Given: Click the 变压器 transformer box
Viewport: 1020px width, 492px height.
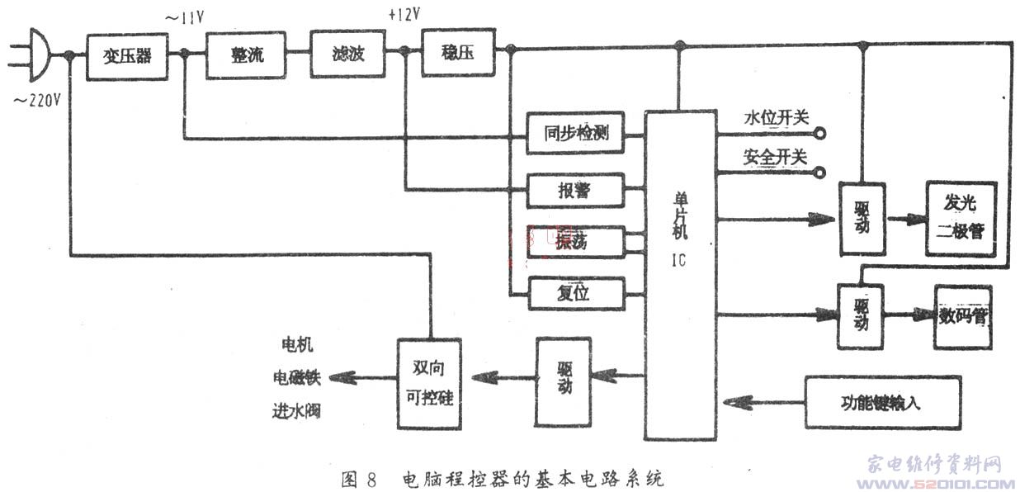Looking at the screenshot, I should pyautogui.click(x=126, y=56).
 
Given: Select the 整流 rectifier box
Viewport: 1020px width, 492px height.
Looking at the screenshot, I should pyautogui.click(x=246, y=56).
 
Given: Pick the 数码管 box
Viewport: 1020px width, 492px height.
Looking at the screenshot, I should pyautogui.click(x=962, y=317).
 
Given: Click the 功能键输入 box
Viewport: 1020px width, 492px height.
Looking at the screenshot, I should pyautogui.click(x=882, y=402).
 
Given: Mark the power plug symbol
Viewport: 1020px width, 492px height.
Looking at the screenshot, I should pyautogui.click(x=38, y=55).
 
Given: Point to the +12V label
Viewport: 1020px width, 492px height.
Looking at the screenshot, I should pyautogui.click(x=404, y=16).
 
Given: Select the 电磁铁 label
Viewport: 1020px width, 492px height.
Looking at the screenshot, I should pyautogui.click(x=295, y=377).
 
